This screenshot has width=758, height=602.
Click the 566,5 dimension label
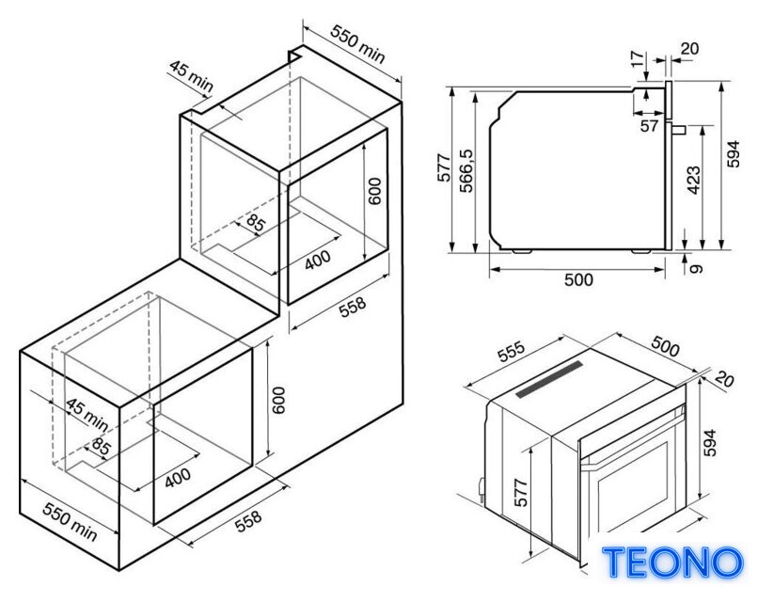467,170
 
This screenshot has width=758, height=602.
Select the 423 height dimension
693,180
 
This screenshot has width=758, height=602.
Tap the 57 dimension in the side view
649,126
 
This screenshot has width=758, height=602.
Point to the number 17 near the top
639,58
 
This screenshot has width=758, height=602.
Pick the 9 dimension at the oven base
695,268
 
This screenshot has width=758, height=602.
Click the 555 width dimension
512,351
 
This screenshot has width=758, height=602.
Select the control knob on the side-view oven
679,129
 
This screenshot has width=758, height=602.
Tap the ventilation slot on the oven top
549,379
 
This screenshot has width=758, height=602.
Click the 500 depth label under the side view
578,279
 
